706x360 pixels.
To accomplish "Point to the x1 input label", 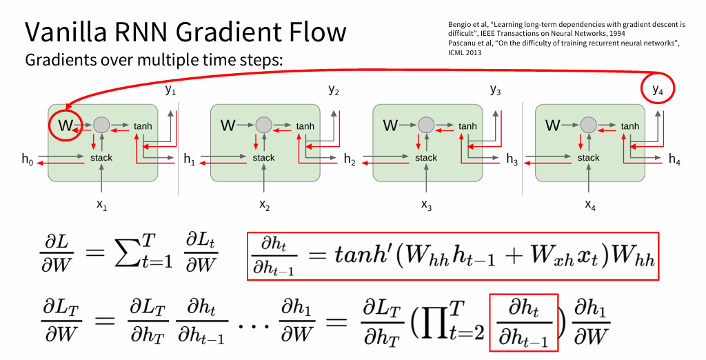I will [101, 205].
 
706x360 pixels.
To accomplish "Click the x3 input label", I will [427, 205].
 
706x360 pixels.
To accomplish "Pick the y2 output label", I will [334, 90].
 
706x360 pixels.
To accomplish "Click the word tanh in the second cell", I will [305, 126].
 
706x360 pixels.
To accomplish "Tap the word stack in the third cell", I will [426, 158].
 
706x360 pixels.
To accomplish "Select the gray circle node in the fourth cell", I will [588, 125].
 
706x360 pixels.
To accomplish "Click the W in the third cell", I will [390, 126].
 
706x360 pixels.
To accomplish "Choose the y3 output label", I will [496, 90].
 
